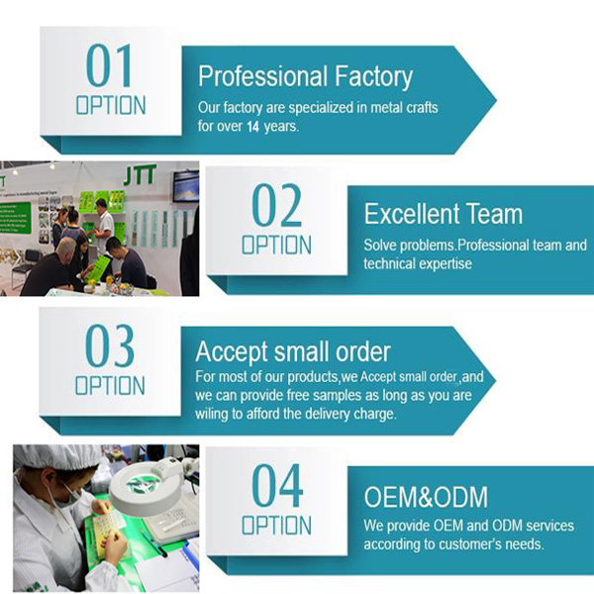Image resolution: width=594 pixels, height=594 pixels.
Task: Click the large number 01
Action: click(109, 65)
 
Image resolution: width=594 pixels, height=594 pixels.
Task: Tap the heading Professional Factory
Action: click(305, 77)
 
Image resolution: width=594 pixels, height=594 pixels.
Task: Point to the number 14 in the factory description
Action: click(252, 127)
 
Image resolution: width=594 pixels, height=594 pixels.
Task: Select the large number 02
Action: click(276, 205)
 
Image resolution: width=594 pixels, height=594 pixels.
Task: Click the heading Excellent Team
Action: click(444, 214)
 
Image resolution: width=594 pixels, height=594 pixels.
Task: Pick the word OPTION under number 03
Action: click(110, 386)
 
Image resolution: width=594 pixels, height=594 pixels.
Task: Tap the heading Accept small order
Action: click(293, 352)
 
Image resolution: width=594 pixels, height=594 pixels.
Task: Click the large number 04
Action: click(277, 486)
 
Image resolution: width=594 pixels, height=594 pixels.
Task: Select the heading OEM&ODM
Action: click(426, 497)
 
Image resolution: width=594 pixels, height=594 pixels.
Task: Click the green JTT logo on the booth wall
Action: click(140, 175)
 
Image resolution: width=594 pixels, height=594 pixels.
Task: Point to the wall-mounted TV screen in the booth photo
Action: click(186, 186)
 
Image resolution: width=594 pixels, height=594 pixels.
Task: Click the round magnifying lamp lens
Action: click(144, 484)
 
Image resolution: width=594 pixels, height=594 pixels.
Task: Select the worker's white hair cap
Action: click(56, 456)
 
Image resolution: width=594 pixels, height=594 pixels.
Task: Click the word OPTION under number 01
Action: click(111, 105)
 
